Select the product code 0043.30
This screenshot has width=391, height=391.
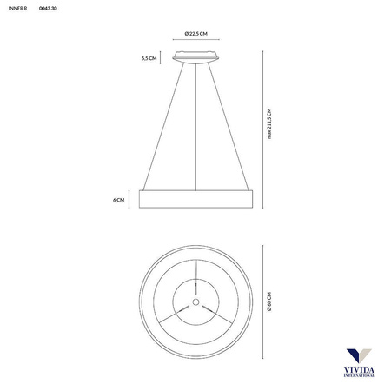tap(49, 10)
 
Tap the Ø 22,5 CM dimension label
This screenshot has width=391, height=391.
tap(195, 33)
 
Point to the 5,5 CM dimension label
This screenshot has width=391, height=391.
tap(149, 58)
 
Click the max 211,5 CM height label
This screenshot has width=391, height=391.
tap(270, 122)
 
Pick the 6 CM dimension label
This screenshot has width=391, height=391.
tap(118, 199)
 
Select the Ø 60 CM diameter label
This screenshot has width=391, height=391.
tap(270, 300)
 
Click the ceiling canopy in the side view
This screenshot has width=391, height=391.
tap(195, 58)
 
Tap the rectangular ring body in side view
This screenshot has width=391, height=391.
tap(195, 199)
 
